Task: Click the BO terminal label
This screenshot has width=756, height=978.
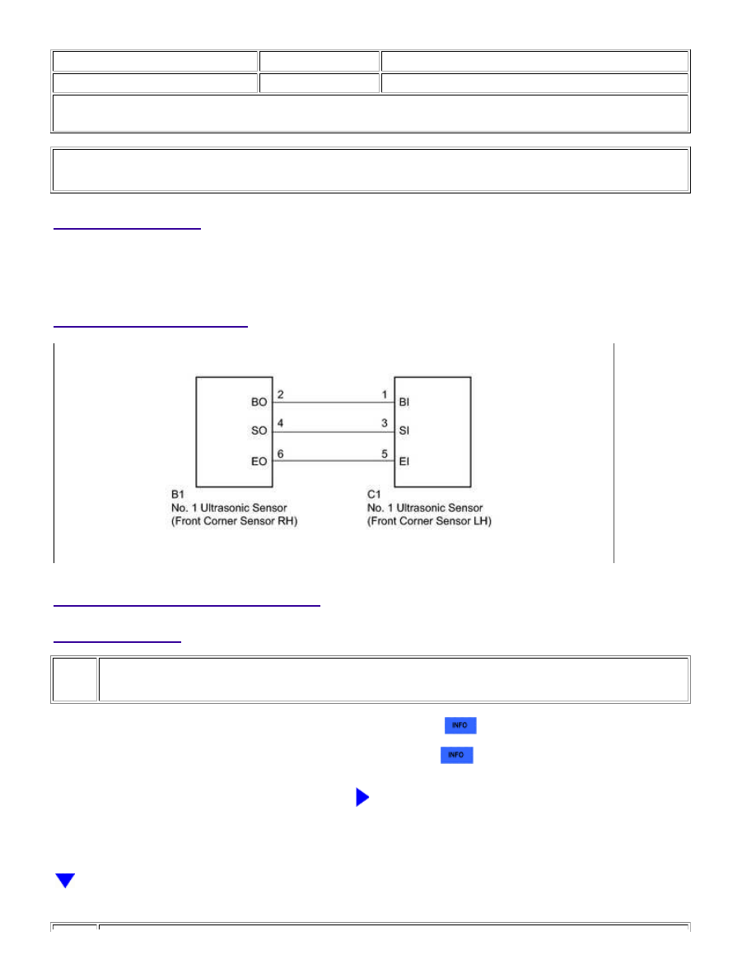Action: click(259, 403)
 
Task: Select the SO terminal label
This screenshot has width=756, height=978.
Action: click(259, 431)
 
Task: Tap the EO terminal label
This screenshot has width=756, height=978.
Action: click(259, 462)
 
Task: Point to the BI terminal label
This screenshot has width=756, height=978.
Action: click(404, 403)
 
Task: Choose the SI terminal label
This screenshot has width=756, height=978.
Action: click(404, 431)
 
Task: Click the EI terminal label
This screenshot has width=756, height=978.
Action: click(404, 462)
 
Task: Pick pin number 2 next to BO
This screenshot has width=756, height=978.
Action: click(281, 395)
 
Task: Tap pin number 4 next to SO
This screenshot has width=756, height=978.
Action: click(281, 423)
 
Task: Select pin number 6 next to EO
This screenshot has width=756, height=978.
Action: click(281, 454)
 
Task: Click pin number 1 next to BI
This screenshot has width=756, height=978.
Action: click(385, 395)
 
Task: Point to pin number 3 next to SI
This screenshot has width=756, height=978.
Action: click(385, 423)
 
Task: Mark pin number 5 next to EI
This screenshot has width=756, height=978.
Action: click(385, 454)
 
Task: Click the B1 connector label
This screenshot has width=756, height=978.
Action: click(178, 495)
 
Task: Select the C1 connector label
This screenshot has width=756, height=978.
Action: click(374, 495)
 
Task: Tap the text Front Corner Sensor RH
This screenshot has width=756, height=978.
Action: click(235, 521)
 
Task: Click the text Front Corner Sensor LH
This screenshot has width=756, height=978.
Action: click(429, 521)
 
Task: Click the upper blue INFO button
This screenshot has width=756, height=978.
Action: click(460, 725)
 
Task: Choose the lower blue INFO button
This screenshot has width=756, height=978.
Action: click(456, 756)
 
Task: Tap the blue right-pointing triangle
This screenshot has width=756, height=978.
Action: click(362, 797)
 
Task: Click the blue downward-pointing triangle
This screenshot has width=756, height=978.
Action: click(65, 880)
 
